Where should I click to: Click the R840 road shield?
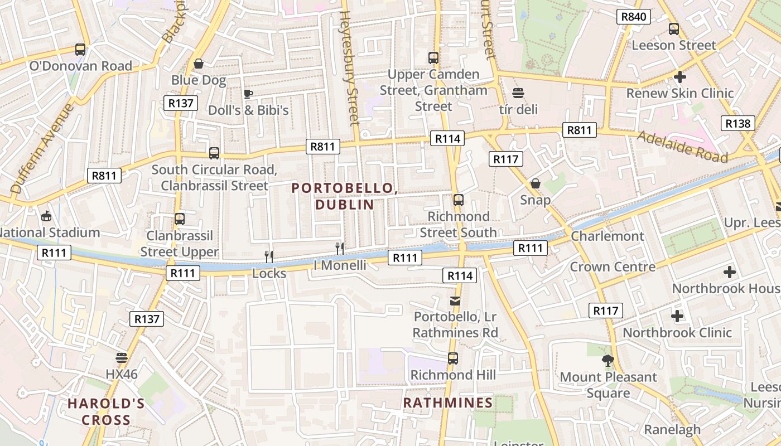coord(634,17)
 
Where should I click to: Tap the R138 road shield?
coord(738,123)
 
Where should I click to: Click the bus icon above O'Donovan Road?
coord(80,50)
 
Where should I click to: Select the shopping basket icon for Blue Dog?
coord(198,64)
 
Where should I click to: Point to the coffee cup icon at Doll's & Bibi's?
coord(248,94)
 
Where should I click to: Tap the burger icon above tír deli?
coord(518,93)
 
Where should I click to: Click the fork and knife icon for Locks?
coord(269,256)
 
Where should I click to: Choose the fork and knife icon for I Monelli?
coord(340,248)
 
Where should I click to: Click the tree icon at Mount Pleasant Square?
coord(608,361)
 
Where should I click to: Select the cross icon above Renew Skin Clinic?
coord(679,77)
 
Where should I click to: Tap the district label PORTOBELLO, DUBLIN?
coord(345,196)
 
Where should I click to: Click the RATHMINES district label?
coord(448,403)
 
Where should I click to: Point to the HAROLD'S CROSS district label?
coord(106,411)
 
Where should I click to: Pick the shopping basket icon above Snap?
coord(536,183)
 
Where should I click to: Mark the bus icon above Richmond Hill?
coord(453,358)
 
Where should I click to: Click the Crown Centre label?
coord(612,266)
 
